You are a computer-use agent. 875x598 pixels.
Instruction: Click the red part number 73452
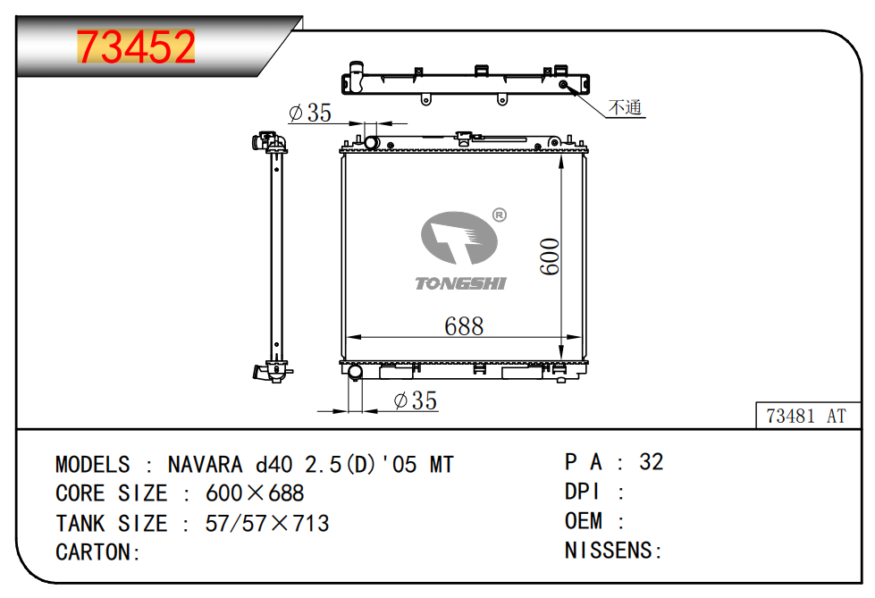pyautogui.click(x=136, y=46)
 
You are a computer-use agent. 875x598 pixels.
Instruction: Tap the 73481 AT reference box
pyautogui.click(x=807, y=416)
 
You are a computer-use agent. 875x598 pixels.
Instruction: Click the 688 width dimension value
pyautogui.click(x=464, y=326)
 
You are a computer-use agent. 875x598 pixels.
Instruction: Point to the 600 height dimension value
pyautogui.click(x=550, y=257)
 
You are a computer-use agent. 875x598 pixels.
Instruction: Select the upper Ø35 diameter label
pyautogui.click(x=310, y=113)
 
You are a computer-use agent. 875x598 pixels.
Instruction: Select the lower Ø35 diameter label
pyautogui.click(x=416, y=400)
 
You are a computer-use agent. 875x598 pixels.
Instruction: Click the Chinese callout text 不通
pyautogui.click(x=625, y=106)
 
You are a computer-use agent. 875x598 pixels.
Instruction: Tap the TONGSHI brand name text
pyautogui.click(x=460, y=283)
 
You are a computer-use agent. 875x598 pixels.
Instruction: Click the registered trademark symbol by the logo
pyautogui.click(x=500, y=215)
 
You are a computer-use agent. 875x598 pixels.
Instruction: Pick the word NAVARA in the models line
pyautogui.click(x=205, y=465)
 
